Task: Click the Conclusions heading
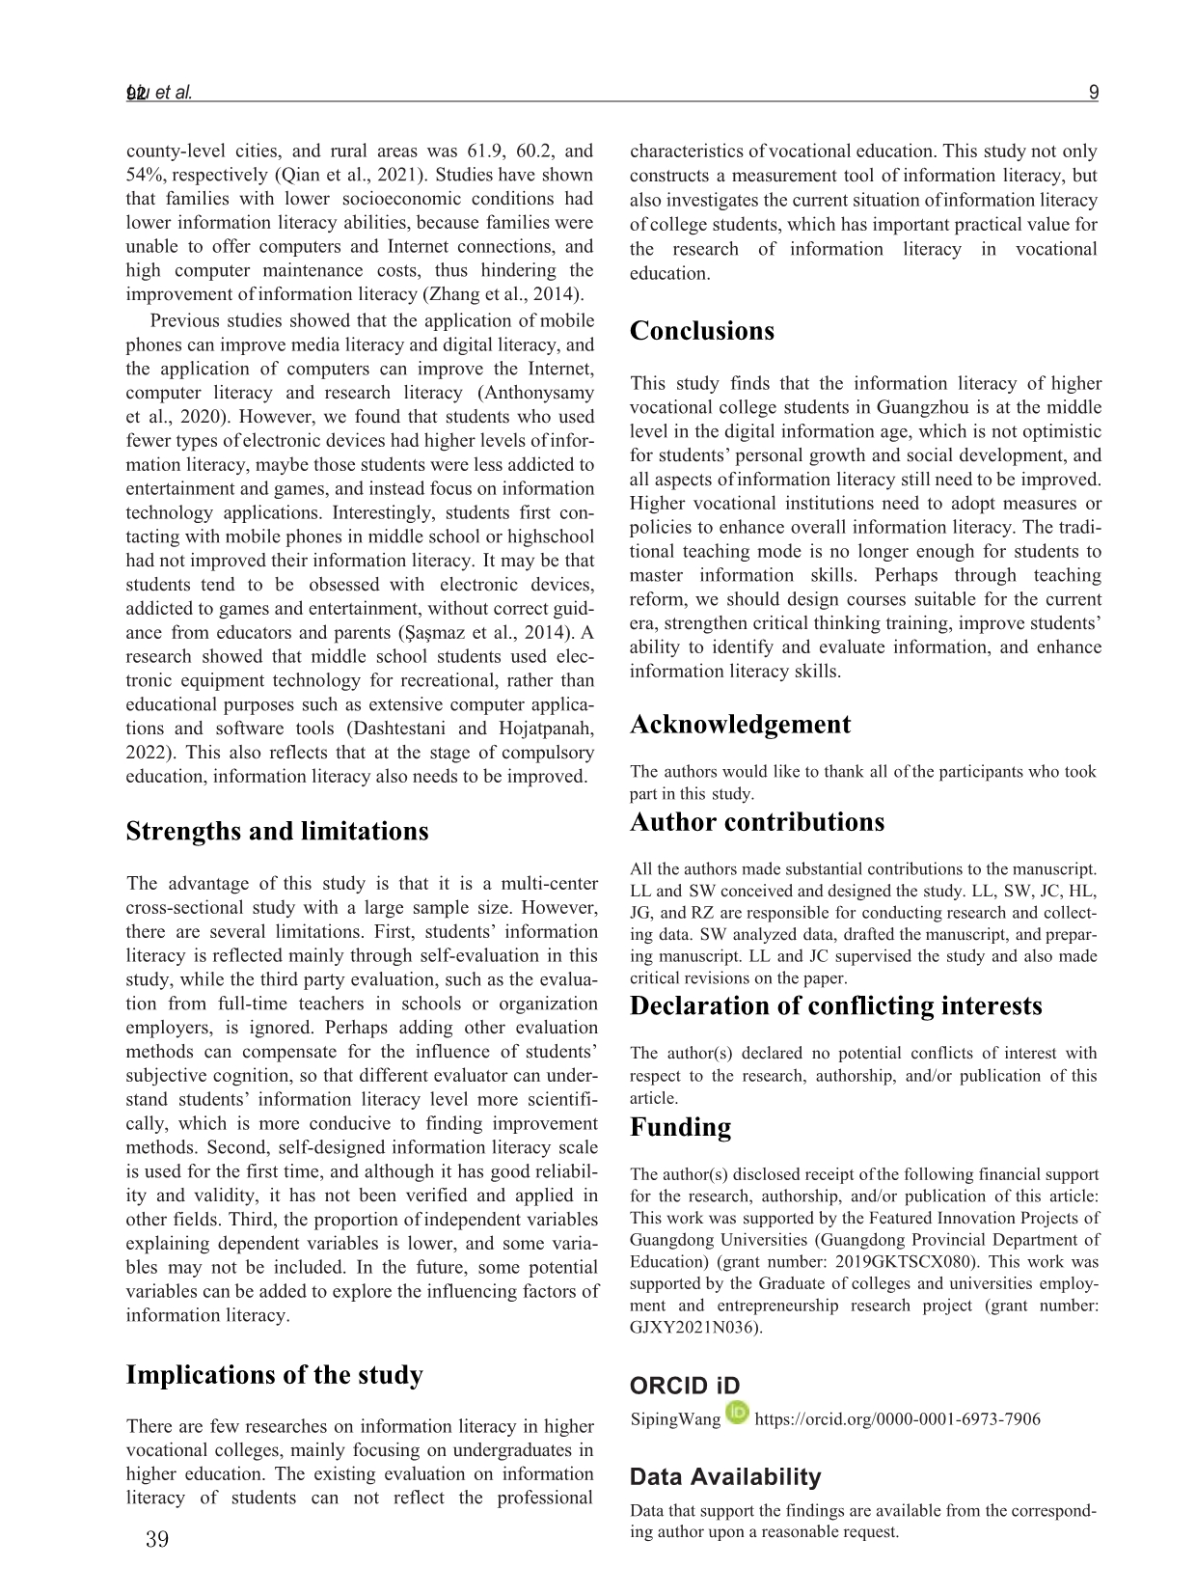(x=701, y=331)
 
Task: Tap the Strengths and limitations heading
(x=277, y=831)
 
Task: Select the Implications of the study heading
(x=274, y=1374)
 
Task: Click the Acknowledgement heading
(x=740, y=725)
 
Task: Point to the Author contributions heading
(x=756, y=822)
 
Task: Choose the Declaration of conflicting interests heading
(x=835, y=1005)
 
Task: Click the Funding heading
(x=680, y=1127)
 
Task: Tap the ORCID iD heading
(x=684, y=1387)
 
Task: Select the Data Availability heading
(x=725, y=1477)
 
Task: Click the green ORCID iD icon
(x=738, y=1414)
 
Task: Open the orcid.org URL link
(x=897, y=1419)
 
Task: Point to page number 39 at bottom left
(x=156, y=1539)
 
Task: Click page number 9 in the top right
(x=1093, y=94)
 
